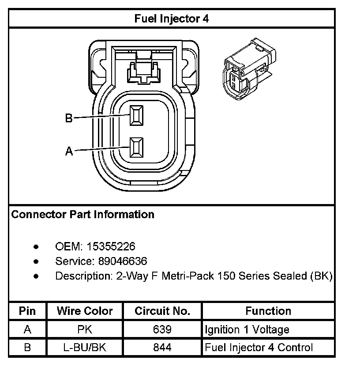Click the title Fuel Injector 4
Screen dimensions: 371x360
(172, 19)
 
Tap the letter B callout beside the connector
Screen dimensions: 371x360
(68, 118)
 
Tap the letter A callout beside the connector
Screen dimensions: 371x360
(68, 151)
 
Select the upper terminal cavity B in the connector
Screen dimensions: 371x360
(136, 115)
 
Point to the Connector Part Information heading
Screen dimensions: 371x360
(82, 215)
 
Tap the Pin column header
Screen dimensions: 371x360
(27, 311)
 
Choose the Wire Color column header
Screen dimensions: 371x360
(85, 311)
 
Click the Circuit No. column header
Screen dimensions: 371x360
(162, 311)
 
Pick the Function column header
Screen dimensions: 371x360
(268, 311)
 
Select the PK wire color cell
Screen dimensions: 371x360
(85, 329)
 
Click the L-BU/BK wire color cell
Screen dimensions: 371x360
(85, 348)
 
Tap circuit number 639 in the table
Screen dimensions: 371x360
(162, 329)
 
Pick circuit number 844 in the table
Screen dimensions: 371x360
(162, 348)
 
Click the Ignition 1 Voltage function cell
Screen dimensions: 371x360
(247, 329)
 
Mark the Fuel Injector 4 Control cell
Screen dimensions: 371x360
(259, 348)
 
